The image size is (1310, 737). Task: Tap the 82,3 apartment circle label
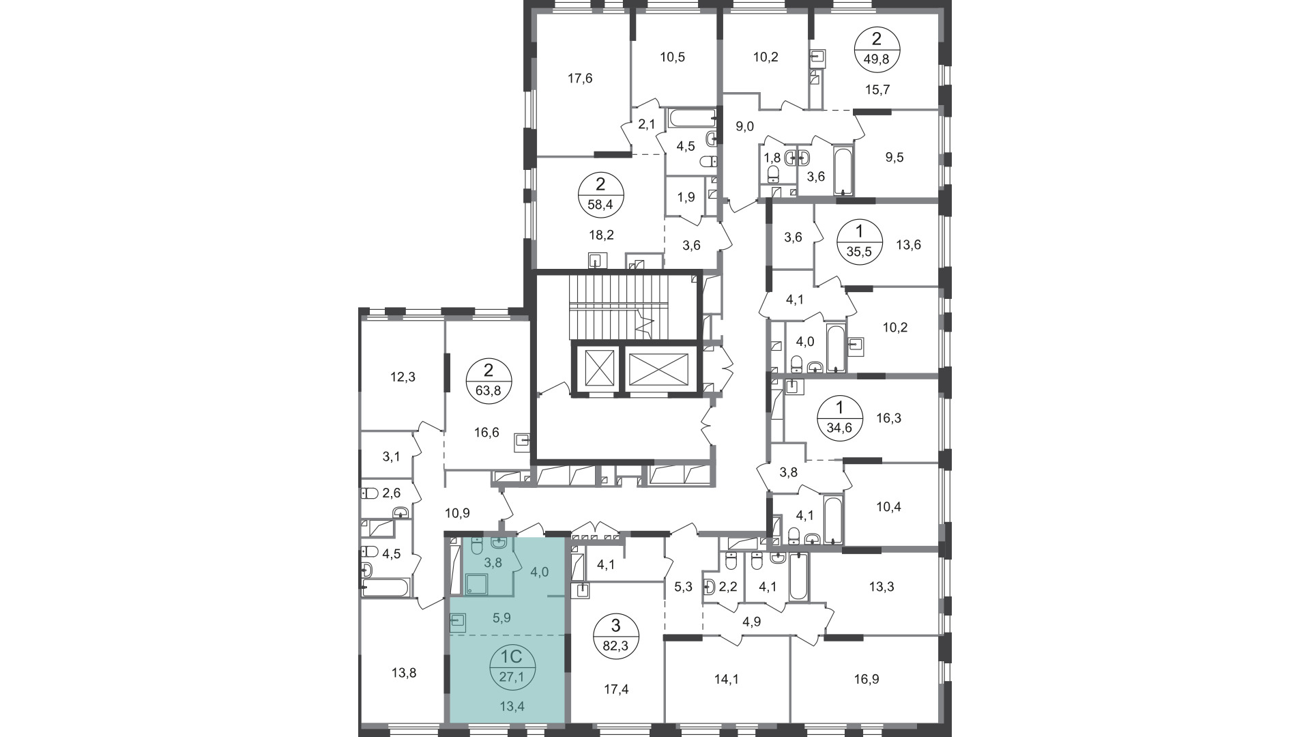pyautogui.click(x=615, y=636)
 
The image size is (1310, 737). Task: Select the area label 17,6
pyautogui.click(x=580, y=78)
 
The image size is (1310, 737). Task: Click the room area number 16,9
pyautogui.click(x=863, y=679)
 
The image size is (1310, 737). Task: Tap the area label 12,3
pyautogui.click(x=403, y=377)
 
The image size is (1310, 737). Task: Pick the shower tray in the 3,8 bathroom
pyautogui.click(x=476, y=585)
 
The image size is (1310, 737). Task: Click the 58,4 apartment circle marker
pyautogui.click(x=600, y=194)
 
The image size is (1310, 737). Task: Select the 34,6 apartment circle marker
pyautogui.click(x=840, y=418)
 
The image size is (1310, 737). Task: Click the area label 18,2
pyautogui.click(x=602, y=235)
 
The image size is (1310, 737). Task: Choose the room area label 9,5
pyautogui.click(x=894, y=158)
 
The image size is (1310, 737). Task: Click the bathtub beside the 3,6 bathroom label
pyautogui.click(x=843, y=171)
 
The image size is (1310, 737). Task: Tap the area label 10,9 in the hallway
pyautogui.click(x=457, y=513)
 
